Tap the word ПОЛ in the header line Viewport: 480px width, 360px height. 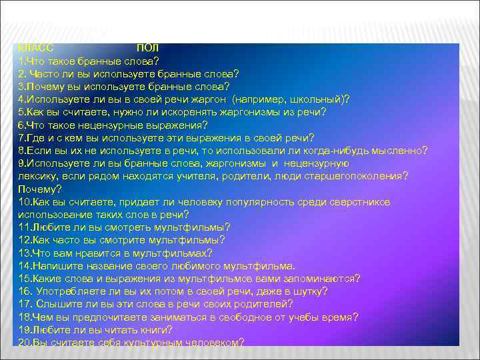click(x=147, y=49)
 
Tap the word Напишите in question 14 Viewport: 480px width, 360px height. click(x=57, y=265)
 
